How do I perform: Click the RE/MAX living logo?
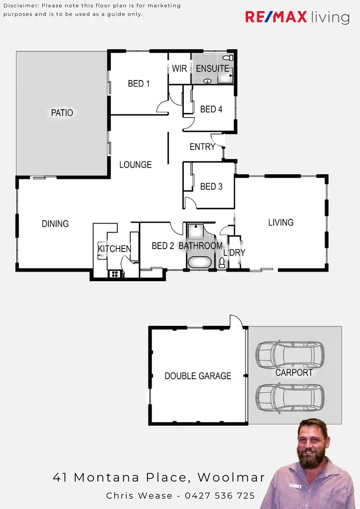point(297,17)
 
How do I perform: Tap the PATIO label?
point(62,113)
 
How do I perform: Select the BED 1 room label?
point(139,83)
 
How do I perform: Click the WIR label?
point(180,69)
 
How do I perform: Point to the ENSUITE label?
point(212,69)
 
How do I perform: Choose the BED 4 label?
point(211,109)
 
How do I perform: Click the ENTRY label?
point(202,147)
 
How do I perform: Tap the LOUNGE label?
point(135,165)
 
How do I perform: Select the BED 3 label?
point(211,186)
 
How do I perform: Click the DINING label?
point(55,224)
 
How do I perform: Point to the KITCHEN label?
point(114,249)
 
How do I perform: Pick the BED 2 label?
point(163,246)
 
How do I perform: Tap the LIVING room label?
point(281,222)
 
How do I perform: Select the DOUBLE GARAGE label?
point(198,376)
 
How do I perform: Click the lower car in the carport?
point(289,397)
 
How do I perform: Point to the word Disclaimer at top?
point(22,6)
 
